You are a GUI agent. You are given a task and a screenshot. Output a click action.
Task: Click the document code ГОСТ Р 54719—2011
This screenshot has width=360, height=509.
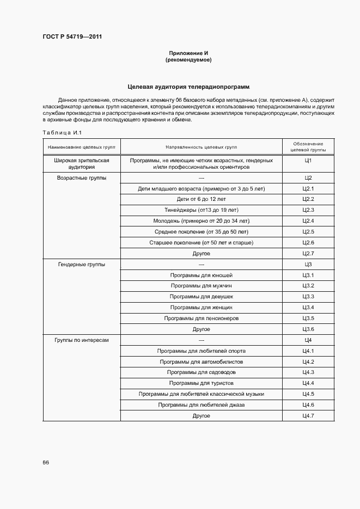coord(72,37)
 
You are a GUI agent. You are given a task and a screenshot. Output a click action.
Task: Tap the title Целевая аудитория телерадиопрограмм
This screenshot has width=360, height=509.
coord(188,87)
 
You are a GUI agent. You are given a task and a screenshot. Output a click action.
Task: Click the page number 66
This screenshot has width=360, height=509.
coord(46,462)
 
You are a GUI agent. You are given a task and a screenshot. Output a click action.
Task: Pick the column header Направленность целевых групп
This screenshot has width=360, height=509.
coord(201,147)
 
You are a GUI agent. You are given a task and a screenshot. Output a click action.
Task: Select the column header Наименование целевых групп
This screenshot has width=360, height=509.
coord(82,147)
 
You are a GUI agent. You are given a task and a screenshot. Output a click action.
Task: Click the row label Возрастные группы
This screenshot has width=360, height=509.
coord(82,178)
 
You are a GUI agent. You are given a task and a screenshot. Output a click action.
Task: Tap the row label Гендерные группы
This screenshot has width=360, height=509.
coord(82,265)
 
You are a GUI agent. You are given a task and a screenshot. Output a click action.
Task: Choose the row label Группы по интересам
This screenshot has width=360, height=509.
coord(82,340)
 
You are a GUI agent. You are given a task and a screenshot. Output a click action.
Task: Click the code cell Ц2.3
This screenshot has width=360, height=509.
coord(308,210)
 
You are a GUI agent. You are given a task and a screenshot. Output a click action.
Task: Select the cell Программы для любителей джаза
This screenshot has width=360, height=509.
coord(201,405)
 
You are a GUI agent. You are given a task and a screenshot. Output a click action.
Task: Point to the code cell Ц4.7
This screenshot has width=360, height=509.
coord(308,416)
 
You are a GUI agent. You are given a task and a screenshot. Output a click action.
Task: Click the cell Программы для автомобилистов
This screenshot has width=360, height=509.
coord(201,362)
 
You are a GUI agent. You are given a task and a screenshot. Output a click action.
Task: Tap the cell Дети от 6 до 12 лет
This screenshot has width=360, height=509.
coord(201,199)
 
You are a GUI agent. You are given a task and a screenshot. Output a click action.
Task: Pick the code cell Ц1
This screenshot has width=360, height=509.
coord(308,161)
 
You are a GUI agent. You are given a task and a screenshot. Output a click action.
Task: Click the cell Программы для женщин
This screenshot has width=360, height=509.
coord(201,308)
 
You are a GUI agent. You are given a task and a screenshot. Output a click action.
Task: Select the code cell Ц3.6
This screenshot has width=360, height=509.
coord(308,329)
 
